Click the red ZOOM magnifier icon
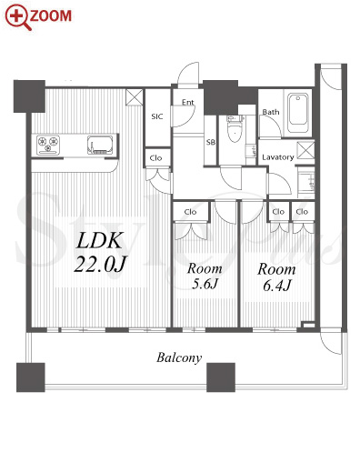(17, 18)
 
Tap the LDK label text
(100, 241)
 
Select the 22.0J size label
(101, 264)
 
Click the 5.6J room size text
(205, 284)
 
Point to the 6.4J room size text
(277, 285)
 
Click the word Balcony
(179, 357)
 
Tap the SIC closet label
(157, 116)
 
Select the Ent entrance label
(187, 102)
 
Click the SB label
(211, 142)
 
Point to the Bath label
(271, 112)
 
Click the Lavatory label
(278, 157)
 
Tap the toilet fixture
(235, 128)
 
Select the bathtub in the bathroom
(298, 113)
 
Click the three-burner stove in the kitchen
(48, 145)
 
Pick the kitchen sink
(100, 145)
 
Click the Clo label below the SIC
(155, 158)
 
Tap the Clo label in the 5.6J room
(190, 212)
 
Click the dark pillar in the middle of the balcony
(221, 377)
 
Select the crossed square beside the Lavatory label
(305, 150)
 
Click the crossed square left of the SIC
(135, 97)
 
